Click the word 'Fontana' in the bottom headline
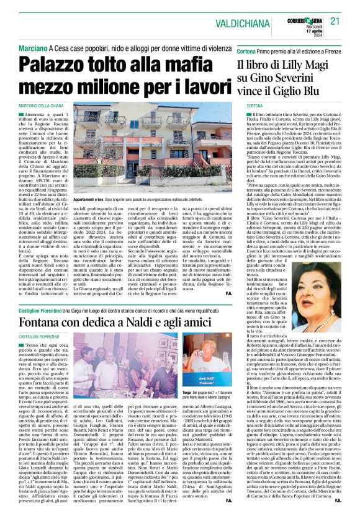[47, 341]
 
